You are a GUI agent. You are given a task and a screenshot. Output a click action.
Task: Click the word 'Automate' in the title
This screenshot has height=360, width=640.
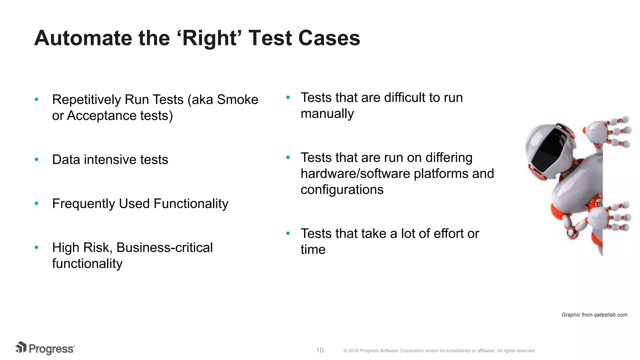(x=83, y=38)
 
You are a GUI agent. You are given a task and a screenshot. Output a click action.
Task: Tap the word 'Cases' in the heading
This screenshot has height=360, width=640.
(x=329, y=38)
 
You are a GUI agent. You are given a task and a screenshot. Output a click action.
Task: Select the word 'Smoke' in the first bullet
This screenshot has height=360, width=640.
(x=237, y=100)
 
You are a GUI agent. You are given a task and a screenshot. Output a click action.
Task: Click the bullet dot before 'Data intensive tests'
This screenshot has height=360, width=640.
(x=37, y=159)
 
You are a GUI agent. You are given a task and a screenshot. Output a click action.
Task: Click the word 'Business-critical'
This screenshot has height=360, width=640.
(x=164, y=247)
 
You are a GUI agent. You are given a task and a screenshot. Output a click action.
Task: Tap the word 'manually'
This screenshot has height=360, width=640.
(x=327, y=114)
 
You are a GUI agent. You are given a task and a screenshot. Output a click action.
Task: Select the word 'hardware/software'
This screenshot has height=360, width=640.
(x=355, y=174)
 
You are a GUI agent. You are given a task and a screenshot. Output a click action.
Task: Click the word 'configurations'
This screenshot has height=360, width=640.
(x=342, y=190)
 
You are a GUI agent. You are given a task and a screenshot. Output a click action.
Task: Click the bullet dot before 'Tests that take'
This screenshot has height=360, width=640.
(x=288, y=233)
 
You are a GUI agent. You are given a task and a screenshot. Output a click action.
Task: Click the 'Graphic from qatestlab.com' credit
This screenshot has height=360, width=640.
(x=594, y=315)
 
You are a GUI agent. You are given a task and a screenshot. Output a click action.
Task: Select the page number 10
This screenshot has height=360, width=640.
(x=320, y=350)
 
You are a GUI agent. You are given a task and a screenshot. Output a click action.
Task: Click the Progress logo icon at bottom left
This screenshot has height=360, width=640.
(x=21, y=347)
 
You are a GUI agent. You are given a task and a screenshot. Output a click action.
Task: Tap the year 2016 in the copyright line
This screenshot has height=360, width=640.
(x=353, y=351)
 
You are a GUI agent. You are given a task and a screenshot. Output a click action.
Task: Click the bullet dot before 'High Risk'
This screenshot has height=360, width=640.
(x=37, y=247)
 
